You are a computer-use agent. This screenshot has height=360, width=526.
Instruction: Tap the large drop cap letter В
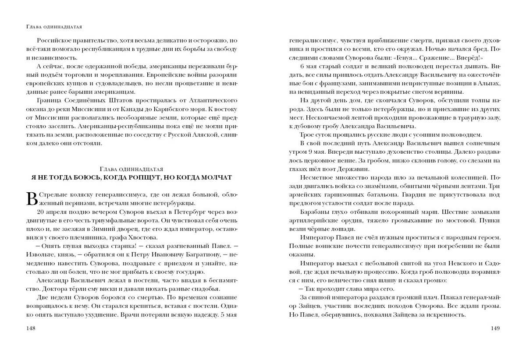pyautogui.click(x=32, y=198)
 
